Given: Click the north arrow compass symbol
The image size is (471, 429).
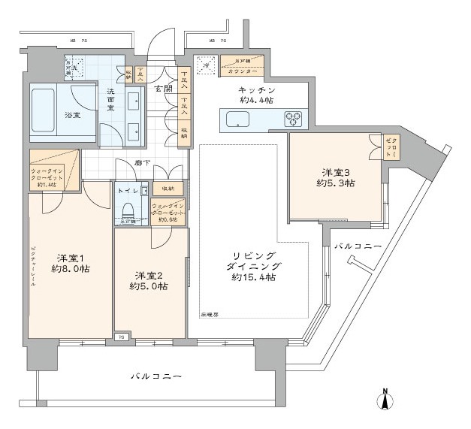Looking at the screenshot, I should point(384,398).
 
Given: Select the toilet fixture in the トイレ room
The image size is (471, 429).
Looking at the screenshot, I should point(128,209).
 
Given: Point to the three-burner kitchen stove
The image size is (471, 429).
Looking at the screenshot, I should point(292,118).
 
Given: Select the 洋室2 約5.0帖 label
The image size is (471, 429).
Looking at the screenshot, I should point(149,280).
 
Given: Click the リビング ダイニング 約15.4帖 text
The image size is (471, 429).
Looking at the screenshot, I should point(253,266).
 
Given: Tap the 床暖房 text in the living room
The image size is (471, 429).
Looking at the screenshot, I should point(210,313).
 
